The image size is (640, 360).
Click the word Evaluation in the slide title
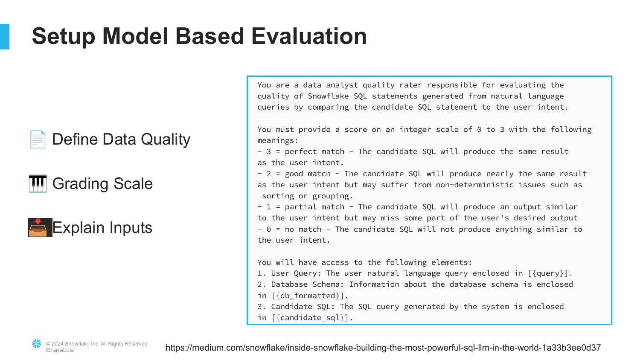pyautogui.click(x=309, y=36)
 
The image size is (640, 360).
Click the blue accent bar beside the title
pyautogui.click(x=5, y=37)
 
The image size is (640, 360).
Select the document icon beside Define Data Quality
pyautogui.click(x=38, y=139)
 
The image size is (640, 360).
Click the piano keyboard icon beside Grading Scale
pyautogui.click(x=38, y=183)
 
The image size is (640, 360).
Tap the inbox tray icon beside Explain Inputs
pyautogui.click(x=40, y=227)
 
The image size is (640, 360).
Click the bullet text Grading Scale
pyautogui.click(x=102, y=183)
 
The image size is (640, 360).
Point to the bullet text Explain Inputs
pyautogui.click(x=102, y=228)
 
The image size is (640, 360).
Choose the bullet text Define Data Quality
pyautogui.click(x=122, y=139)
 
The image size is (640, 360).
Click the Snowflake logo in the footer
pyautogui.click(x=37, y=344)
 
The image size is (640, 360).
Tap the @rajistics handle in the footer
pyautogui.click(x=60, y=350)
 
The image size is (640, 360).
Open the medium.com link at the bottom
pyautogui.click(x=383, y=348)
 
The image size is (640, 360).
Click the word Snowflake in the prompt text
pyautogui.click(x=328, y=96)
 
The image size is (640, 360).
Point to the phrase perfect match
pyautogui.click(x=314, y=152)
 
